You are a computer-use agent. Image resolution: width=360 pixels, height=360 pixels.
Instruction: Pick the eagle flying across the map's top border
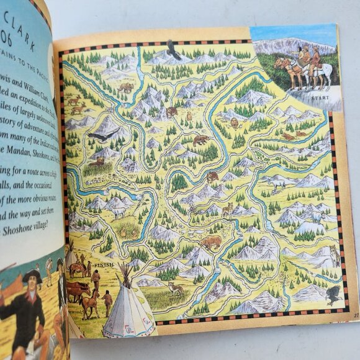pos(173,50)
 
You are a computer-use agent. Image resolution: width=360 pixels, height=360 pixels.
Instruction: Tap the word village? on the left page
pos(37,228)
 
